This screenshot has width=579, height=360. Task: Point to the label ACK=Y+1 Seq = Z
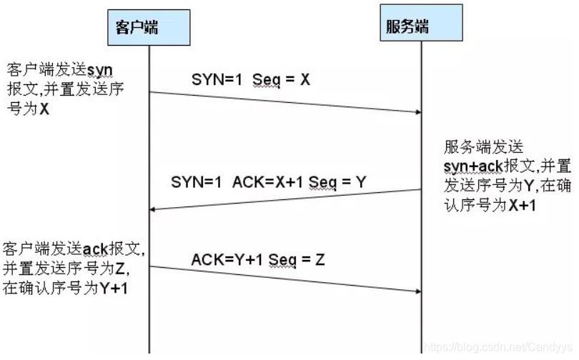click(x=258, y=260)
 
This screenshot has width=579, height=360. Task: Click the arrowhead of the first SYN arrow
click(x=417, y=111)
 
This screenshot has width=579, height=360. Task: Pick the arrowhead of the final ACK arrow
click(x=417, y=291)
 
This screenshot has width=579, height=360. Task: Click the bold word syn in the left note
click(x=99, y=69)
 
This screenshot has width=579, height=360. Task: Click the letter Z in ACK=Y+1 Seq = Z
click(x=320, y=260)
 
